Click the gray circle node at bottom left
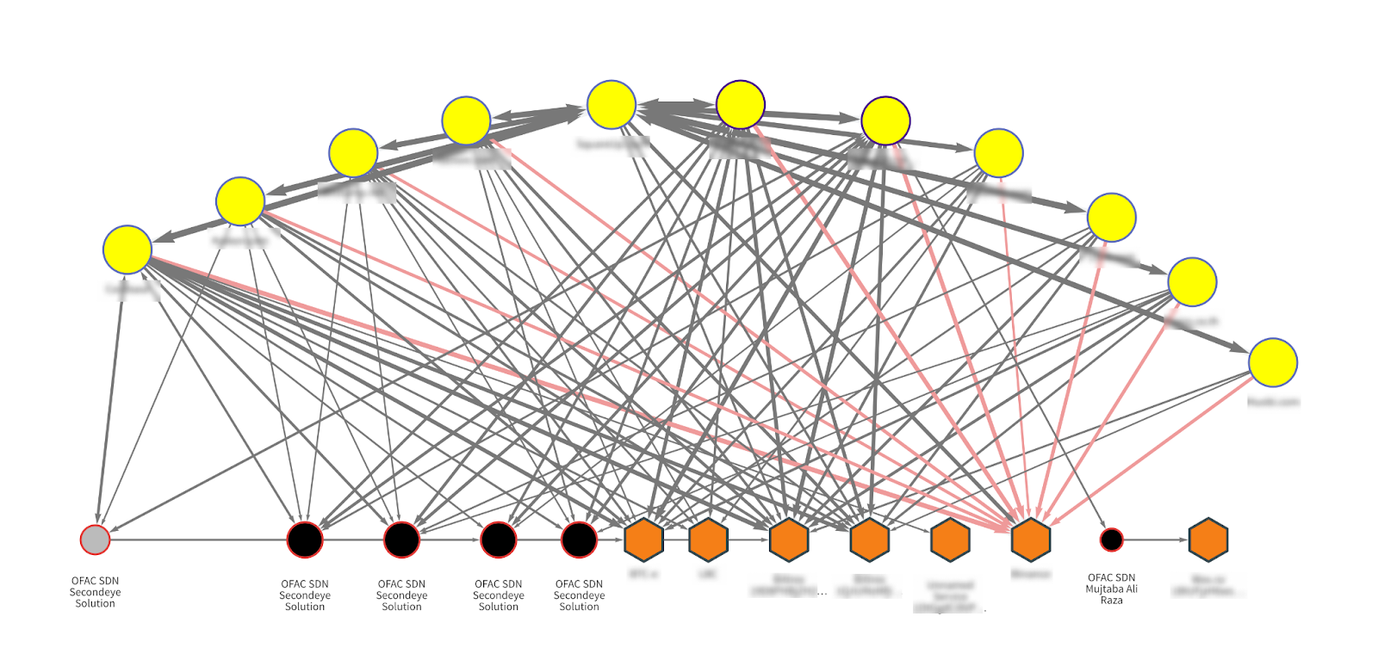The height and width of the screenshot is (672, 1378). pyautogui.click(x=95, y=539)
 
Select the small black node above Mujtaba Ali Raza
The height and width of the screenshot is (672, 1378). pyautogui.click(x=1112, y=539)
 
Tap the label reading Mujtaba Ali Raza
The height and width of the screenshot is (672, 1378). pyautogui.click(x=1111, y=589)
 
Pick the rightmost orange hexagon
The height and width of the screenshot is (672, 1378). pyautogui.click(x=1208, y=539)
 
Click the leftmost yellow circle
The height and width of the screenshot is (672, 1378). pyautogui.click(x=127, y=250)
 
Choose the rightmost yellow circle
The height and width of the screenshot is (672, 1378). pyautogui.click(x=1273, y=362)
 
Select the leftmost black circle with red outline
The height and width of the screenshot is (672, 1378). pyautogui.click(x=305, y=539)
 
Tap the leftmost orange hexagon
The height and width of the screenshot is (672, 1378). pyautogui.click(x=643, y=539)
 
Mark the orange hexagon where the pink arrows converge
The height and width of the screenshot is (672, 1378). pyautogui.click(x=1031, y=539)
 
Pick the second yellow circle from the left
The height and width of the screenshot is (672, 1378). pyautogui.click(x=240, y=201)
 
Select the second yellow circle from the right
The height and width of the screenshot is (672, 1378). pyautogui.click(x=1192, y=281)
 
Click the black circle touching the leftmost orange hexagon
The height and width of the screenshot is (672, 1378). pyautogui.click(x=579, y=539)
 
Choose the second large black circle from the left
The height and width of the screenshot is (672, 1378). pyautogui.click(x=401, y=539)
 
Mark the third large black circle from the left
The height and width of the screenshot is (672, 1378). pyautogui.click(x=499, y=539)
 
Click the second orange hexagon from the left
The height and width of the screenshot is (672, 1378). pyautogui.click(x=709, y=539)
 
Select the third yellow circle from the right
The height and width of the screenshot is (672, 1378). pyautogui.click(x=1112, y=217)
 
